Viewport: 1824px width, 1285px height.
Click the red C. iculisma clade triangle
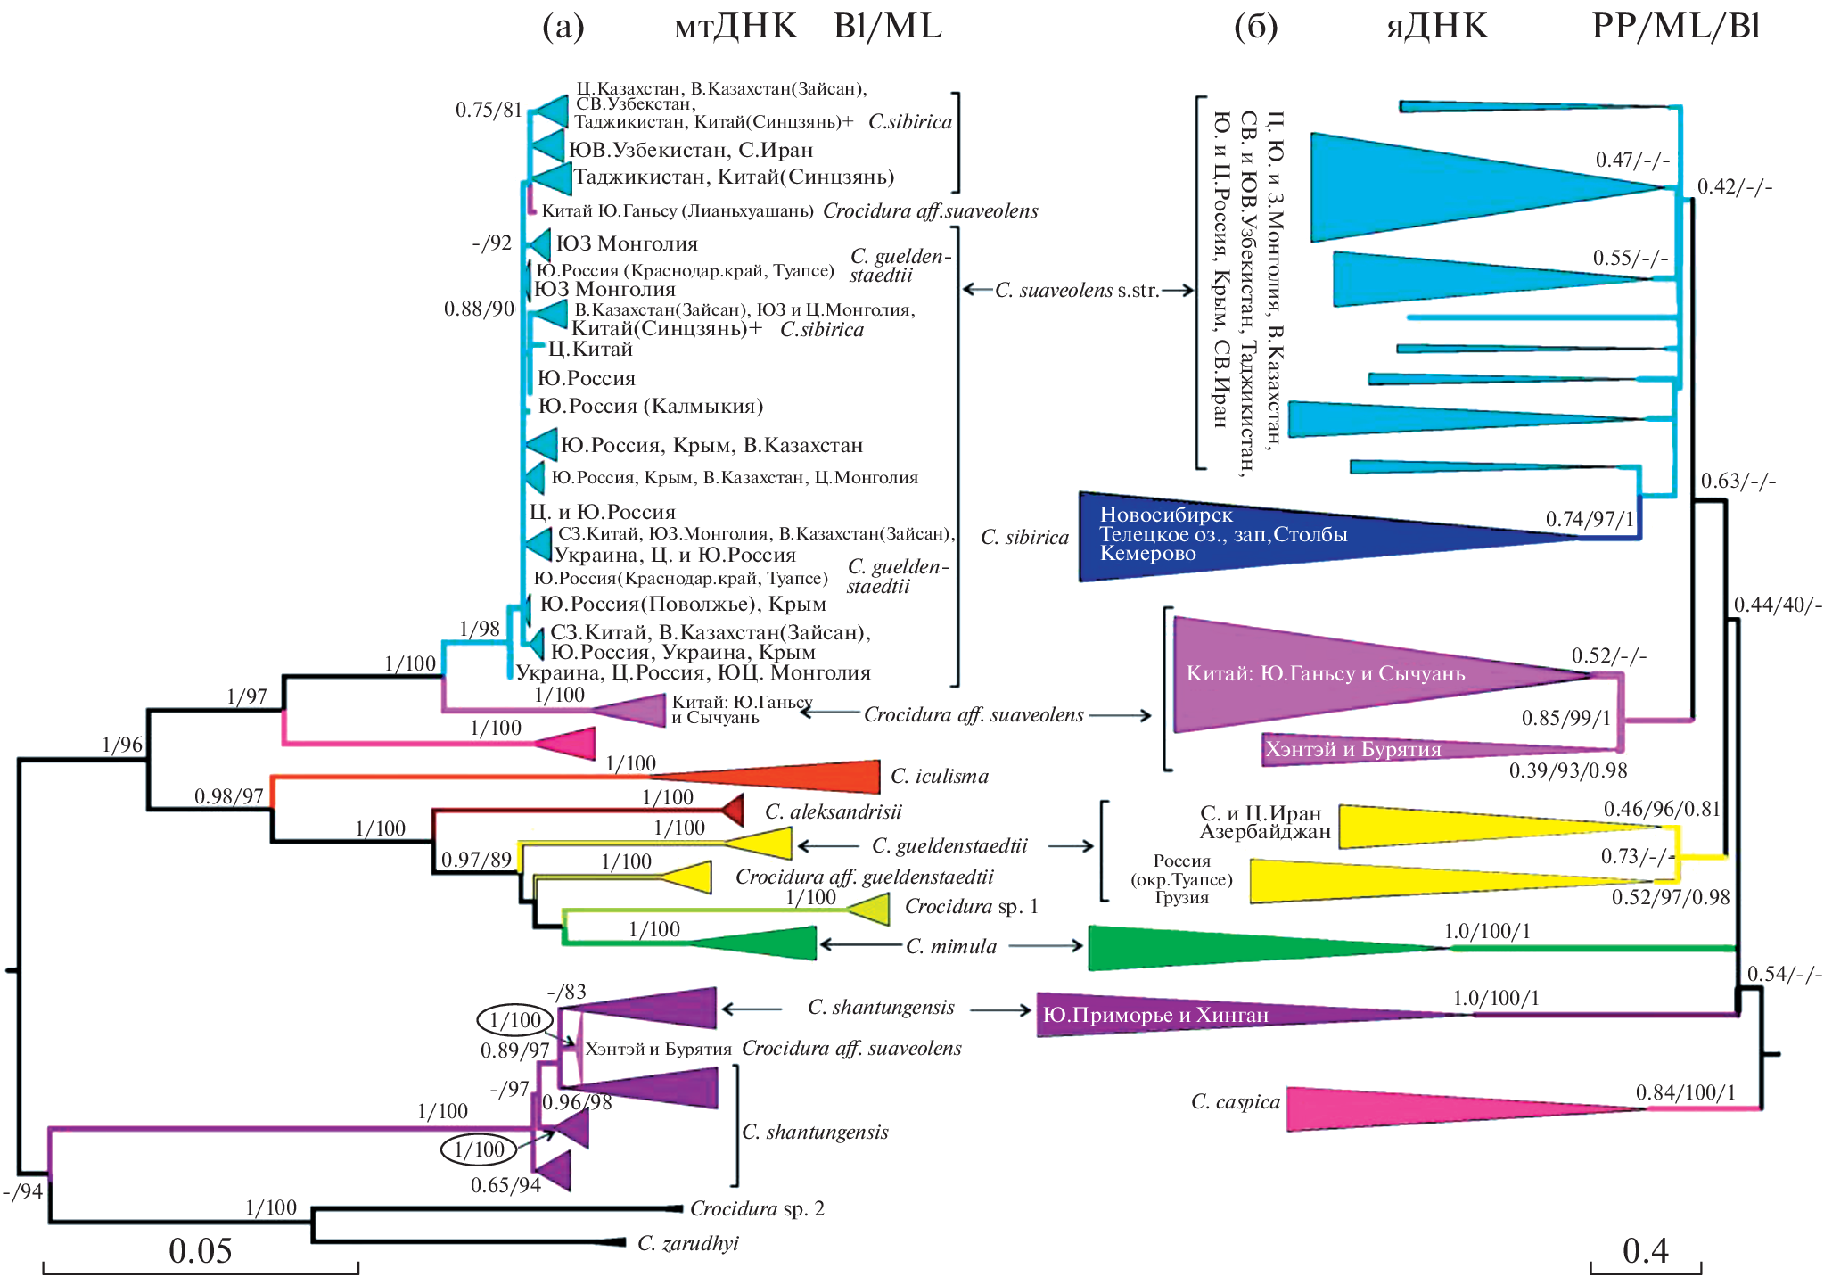pyautogui.click(x=802, y=777)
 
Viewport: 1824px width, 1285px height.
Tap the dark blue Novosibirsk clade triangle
pyautogui.click(x=1248, y=536)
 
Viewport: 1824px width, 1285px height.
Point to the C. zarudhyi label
pyautogui.click(x=687, y=1243)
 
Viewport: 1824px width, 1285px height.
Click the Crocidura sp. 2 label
pyautogui.click(x=757, y=1208)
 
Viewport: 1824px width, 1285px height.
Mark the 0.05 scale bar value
pyautogui.click(x=200, y=1250)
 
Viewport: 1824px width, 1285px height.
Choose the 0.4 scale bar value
pyautogui.click(x=1645, y=1250)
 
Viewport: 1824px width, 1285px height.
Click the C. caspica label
pyautogui.click(x=1235, y=1102)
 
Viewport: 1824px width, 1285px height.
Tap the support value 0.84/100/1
pyautogui.click(x=1685, y=1092)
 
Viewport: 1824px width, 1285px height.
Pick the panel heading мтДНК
pyautogui.click(x=735, y=27)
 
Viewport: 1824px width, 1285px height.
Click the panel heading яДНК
pyautogui.click(x=1437, y=27)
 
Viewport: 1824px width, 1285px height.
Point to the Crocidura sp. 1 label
pyautogui.click(x=971, y=906)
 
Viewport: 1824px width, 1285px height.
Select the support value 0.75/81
pyautogui.click(x=488, y=110)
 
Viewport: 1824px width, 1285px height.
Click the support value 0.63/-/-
pyautogui.click(x=1738, y=482)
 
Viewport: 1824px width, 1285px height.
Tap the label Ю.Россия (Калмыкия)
pyautogui.click(x=650, y=407)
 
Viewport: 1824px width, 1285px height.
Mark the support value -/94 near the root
pyautogui.click(x=22, y=1191)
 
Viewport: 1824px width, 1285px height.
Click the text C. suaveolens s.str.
pyautogui.click(x=1077, y=290)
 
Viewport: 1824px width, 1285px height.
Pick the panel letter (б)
pyautogui.click(x=1255, y=27)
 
